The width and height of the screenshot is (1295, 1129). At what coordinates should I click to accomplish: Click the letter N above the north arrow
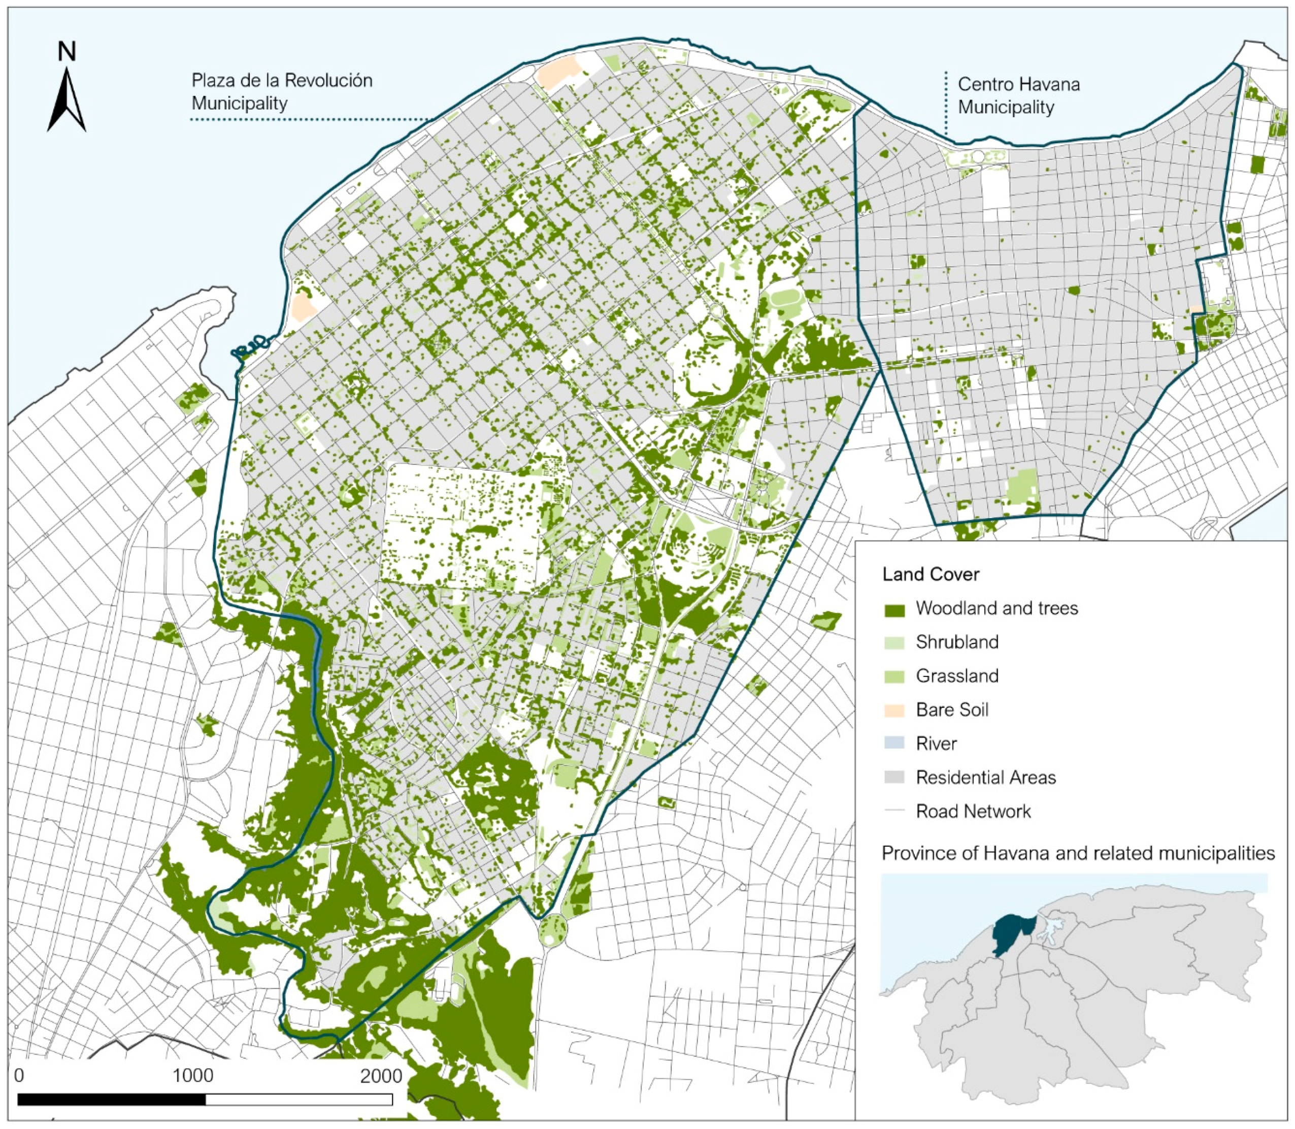(x=67, y=52)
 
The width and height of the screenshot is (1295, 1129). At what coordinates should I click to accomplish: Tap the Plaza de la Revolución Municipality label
(x=282, y=91)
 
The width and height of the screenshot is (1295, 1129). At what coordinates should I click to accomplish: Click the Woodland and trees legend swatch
(x=894, y=609)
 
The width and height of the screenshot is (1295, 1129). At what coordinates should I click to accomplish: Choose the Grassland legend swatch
(x=894, y=676)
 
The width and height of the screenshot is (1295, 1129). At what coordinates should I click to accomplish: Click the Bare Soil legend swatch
(x=894, y=711)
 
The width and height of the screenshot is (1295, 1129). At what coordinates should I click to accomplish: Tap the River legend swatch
(x=894, y=744)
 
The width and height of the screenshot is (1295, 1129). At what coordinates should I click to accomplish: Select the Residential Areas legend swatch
(x=894, y=778)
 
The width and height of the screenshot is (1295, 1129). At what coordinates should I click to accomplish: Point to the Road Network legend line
(x=894, y=812)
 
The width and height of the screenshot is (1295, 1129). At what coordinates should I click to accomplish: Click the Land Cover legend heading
(x=931, y=574)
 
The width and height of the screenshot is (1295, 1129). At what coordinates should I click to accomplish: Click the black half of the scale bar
(x=112, y=1100)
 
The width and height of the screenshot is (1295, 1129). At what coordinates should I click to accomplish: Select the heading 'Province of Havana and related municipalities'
(x=1078, y=854)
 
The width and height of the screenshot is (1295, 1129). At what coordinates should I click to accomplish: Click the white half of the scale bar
(x=298, y=1100)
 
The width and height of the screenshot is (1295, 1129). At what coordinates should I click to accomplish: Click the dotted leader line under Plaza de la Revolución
(x=309, y=119)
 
